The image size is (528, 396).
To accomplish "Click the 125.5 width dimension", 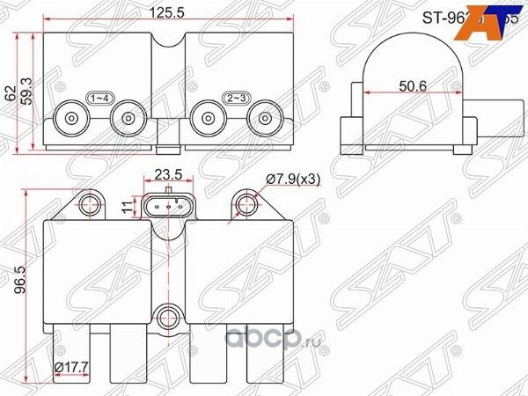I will click(158, 14).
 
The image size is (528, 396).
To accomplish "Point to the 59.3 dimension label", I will click(26, 88).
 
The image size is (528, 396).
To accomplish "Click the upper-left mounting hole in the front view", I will click(88, 205).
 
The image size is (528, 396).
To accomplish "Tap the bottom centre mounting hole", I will click(166, 314).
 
